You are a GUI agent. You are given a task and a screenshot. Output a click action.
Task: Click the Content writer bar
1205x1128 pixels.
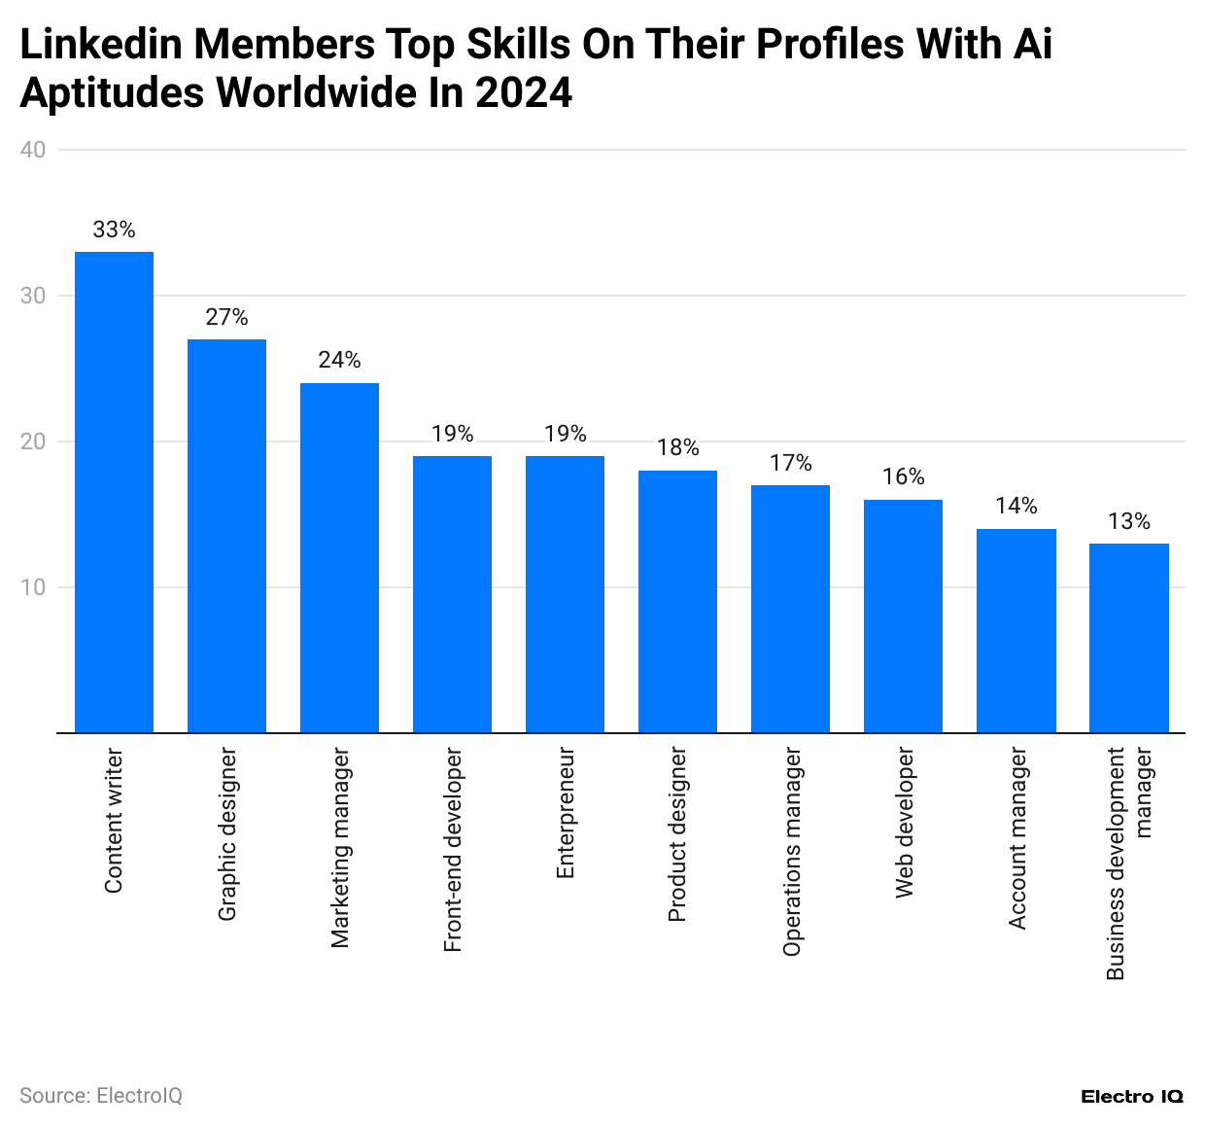click(114, 492)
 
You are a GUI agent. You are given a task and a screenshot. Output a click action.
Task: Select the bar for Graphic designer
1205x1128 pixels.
click(226, 536)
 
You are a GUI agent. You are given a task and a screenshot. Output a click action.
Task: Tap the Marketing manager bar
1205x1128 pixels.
click(339, 557)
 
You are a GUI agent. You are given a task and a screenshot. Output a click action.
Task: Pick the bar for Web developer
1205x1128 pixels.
click(903, 616)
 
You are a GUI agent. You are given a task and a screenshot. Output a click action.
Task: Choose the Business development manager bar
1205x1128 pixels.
click(1128, 638)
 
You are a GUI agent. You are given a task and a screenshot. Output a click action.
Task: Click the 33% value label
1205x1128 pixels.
click(114, 230)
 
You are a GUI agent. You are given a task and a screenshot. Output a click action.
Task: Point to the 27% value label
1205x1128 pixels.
click(226, 318)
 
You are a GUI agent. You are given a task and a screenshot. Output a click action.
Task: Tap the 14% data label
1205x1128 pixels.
click(1016, 507)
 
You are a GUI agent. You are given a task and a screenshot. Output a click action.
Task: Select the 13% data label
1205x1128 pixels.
click(1128, 522)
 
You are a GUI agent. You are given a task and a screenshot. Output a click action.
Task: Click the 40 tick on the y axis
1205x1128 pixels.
click(33, 150)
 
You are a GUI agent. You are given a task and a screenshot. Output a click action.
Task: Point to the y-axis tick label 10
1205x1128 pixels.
click(33, 587)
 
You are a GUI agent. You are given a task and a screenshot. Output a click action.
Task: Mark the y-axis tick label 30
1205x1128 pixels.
click(33, 296)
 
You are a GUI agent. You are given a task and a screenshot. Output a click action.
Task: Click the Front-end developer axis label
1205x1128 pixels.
click(453, 850)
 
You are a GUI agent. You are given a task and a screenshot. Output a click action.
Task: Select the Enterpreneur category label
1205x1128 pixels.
click(566, 813)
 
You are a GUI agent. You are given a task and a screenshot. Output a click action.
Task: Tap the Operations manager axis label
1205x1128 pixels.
click(791, 852)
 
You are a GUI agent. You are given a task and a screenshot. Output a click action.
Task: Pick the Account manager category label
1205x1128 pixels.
click(1016, 838)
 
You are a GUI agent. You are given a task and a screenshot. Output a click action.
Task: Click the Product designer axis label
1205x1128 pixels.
click(677, 834)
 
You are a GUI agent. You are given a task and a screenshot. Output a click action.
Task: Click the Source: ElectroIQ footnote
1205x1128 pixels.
click(101, 1096)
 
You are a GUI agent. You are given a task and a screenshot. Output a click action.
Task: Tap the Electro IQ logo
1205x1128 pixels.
click(1132, 1097)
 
